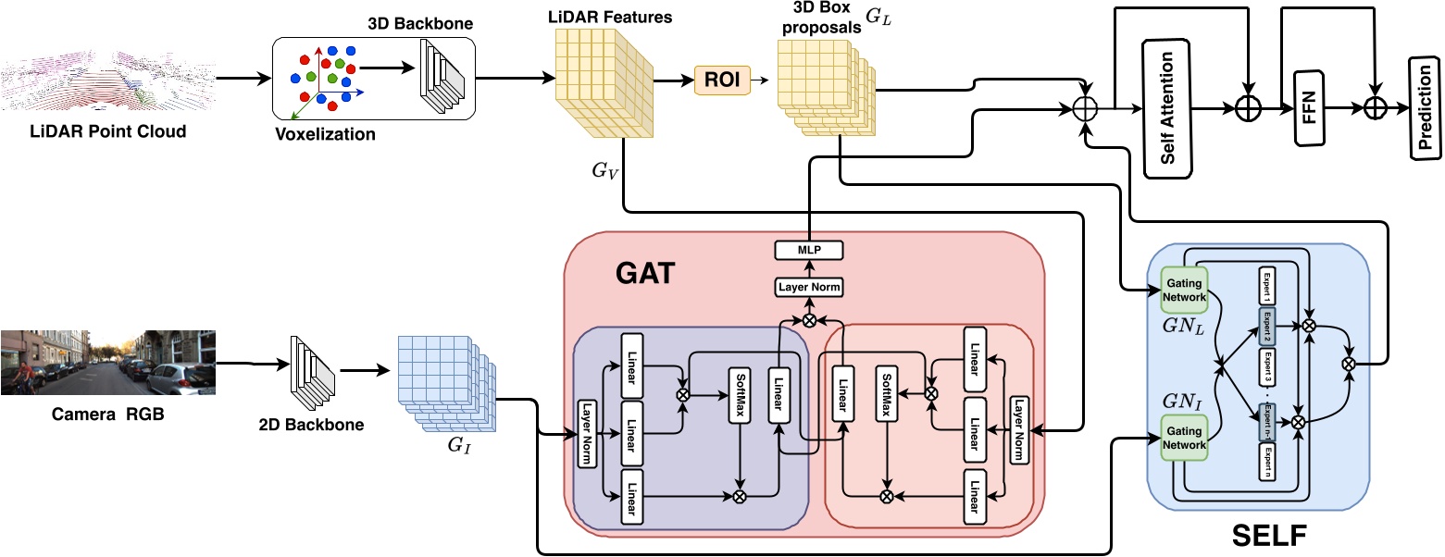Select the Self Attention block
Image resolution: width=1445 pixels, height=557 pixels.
click(x=1167, y=108)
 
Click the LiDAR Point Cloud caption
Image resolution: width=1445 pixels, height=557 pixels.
click(x=106, y=131)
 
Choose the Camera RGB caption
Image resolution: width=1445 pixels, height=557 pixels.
click(x=109, y=415)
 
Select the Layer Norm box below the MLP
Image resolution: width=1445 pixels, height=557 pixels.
click(x=808, y=287)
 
